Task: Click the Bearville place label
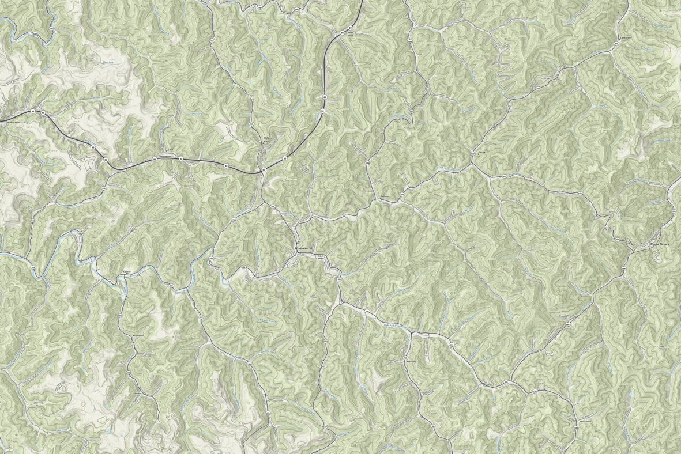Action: pos(13,123)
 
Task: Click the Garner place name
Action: pos(482,153)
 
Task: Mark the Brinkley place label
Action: pos(411,362)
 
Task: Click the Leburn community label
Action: pos(385,197)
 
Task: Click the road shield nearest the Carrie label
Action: pos(110,281)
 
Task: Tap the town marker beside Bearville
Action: pos(5,123)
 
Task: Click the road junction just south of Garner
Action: pos(473,164)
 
